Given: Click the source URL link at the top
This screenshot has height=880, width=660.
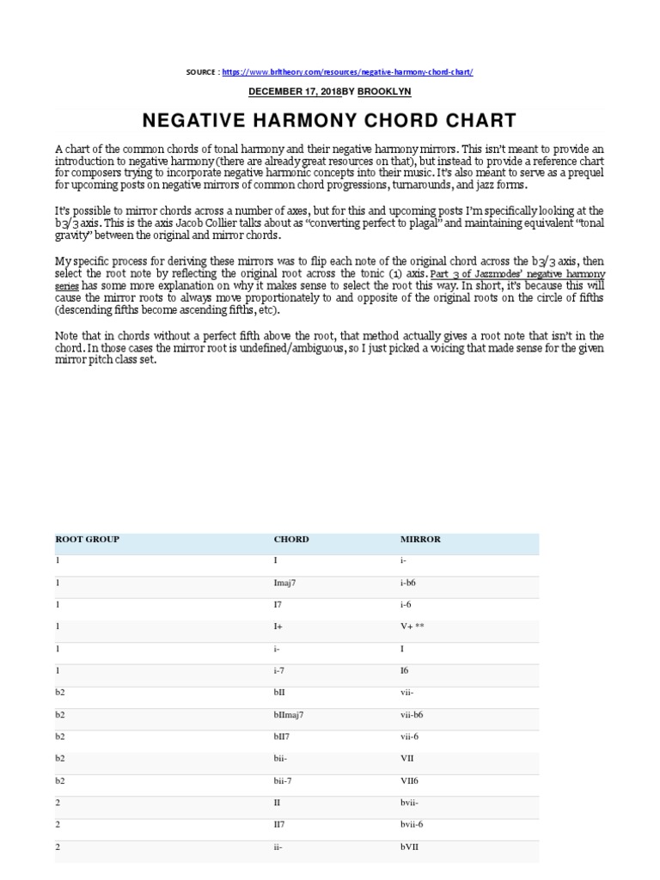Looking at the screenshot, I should pos(347,73).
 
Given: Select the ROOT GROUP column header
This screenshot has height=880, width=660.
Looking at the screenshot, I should pos(88,540).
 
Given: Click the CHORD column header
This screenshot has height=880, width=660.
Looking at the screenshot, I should pos(290,540).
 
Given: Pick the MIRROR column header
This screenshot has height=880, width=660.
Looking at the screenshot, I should pos(420,540).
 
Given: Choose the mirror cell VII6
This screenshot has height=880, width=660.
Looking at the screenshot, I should pos(412,780).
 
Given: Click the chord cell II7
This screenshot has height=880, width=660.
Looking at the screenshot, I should pos(280,825).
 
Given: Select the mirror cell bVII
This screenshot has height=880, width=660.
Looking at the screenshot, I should pos(410,846).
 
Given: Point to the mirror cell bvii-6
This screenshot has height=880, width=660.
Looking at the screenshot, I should pos(416,825).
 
